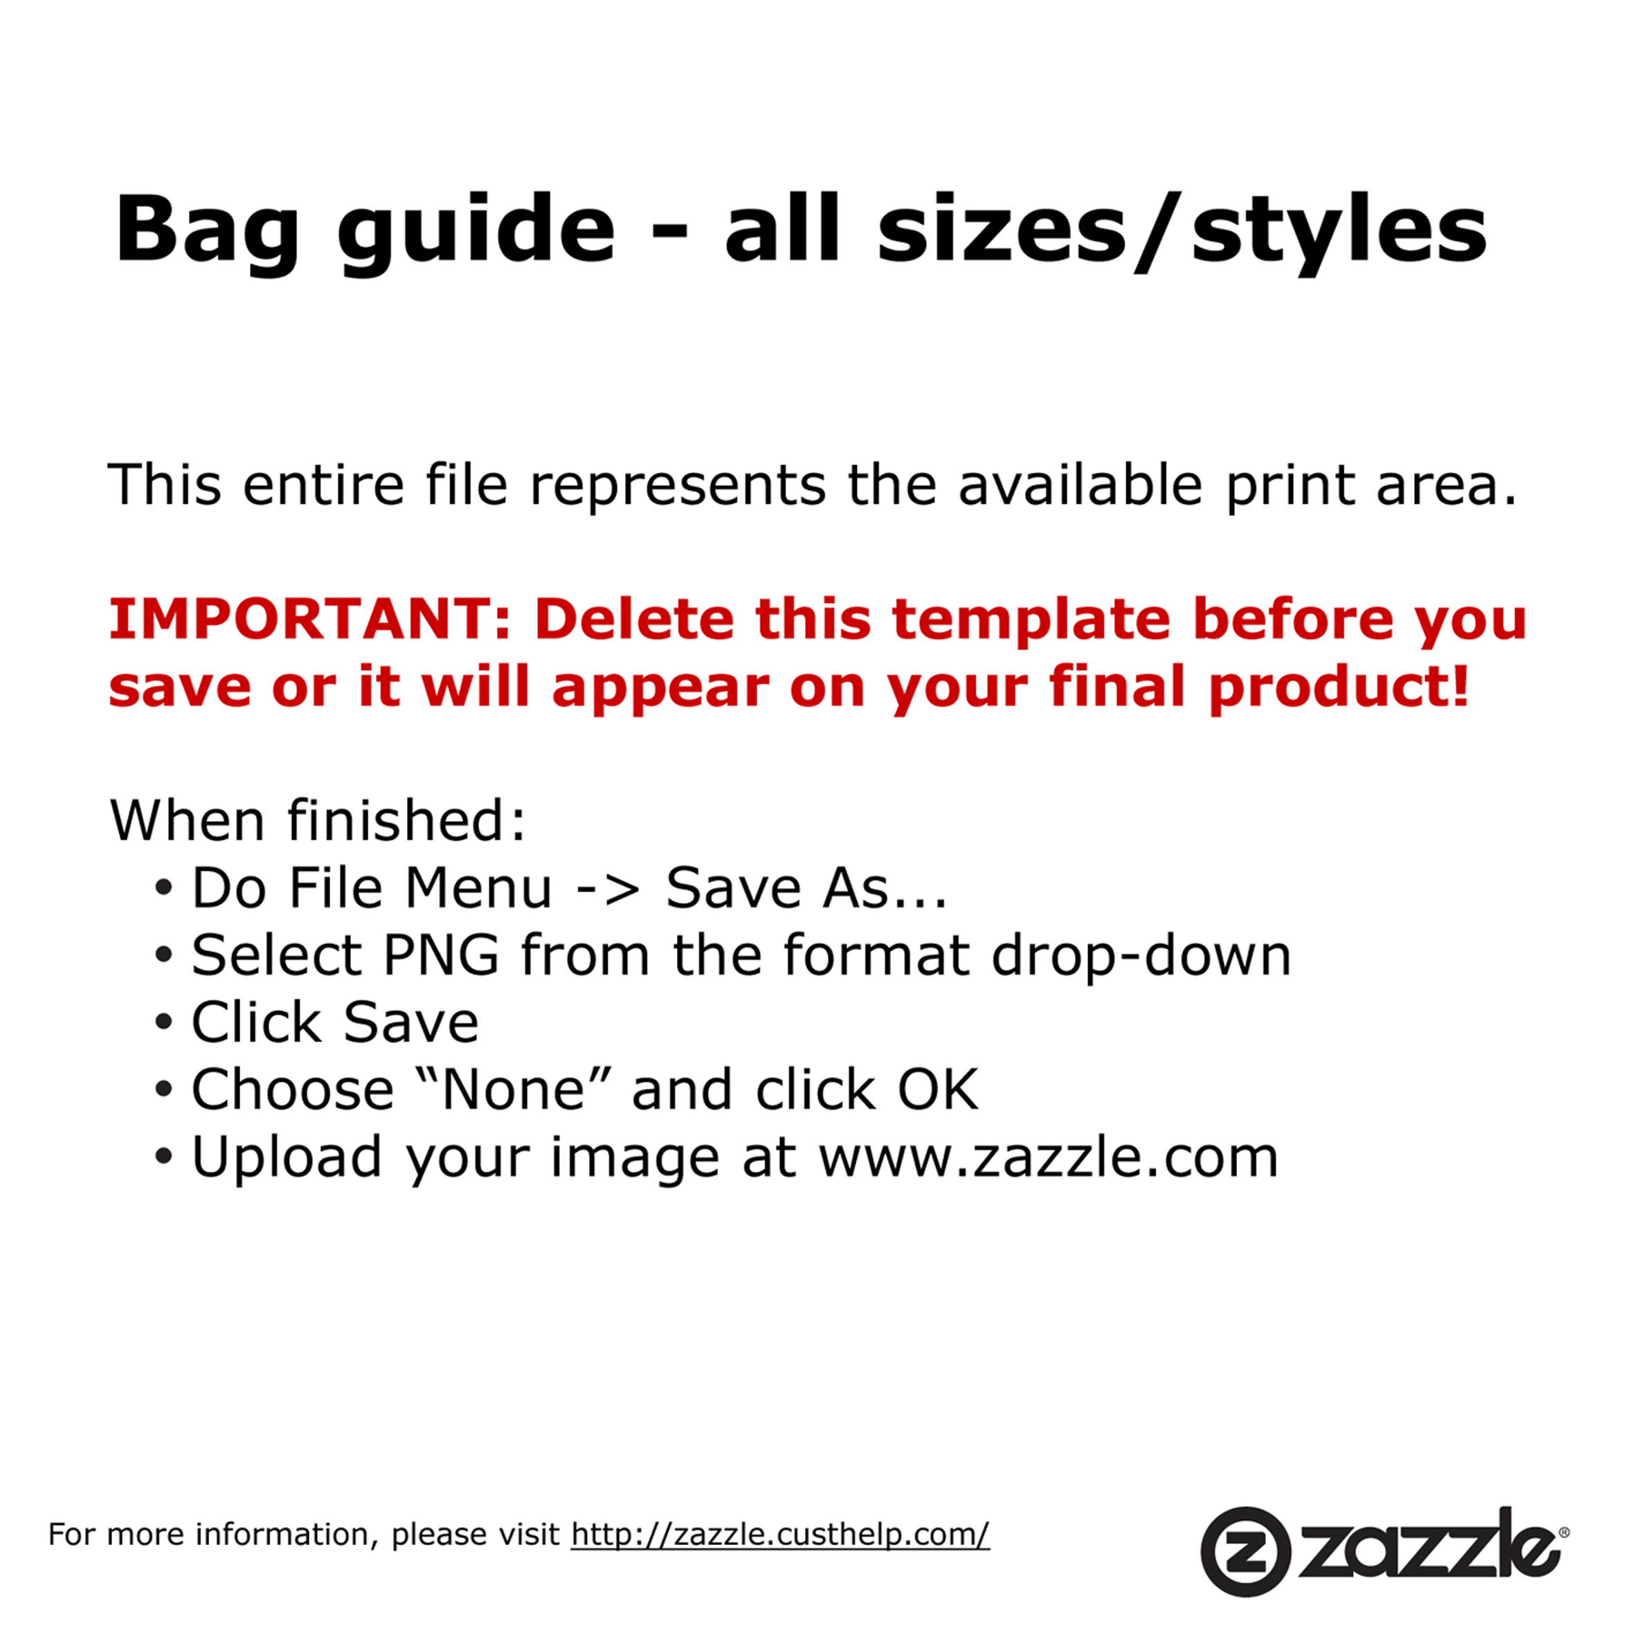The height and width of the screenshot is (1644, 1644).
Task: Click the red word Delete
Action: tap(634, 619)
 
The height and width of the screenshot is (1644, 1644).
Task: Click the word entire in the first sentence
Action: tap(323, 485)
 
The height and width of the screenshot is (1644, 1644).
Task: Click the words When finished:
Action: tap(318, 820)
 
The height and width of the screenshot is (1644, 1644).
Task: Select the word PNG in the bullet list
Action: tap(441, 955)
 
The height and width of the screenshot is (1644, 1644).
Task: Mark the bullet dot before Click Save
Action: tap(164, 1022)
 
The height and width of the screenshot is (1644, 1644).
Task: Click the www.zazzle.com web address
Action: tap(1048, 1157)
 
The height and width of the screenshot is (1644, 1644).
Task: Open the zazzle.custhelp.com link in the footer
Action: tap(780, 1534)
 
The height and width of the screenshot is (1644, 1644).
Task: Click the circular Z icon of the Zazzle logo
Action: tap(1245, 1551)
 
